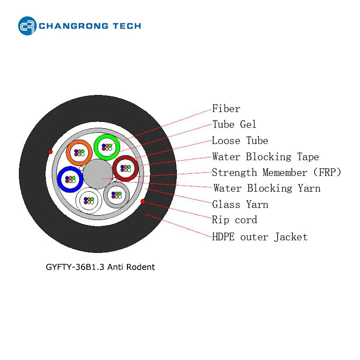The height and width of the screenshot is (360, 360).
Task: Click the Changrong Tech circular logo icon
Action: coord(27,26)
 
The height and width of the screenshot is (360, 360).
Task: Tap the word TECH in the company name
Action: coord(127,26)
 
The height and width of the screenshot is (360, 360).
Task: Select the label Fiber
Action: coord(226,108)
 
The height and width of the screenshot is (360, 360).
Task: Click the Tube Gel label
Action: coord(234,125)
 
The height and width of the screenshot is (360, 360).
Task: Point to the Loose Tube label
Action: coord(240,140)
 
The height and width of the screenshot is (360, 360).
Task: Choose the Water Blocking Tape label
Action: coord(265,157)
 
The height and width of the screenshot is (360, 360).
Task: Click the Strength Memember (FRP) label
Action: coord(276,172)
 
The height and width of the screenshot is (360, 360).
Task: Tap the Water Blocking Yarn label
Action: coord(267,188)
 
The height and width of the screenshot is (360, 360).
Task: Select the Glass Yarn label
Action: coord(240,204)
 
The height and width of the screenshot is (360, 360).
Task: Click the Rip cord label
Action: coord(234,220)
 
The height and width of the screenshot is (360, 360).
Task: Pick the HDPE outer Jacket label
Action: coord(260,237)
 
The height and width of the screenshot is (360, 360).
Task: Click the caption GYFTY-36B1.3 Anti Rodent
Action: coord(100,267)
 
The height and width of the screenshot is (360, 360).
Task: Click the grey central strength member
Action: coord(98,174)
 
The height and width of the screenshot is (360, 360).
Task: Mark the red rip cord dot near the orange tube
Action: coord(50,152)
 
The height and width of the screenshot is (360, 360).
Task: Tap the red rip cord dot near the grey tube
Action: coord(143,201)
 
